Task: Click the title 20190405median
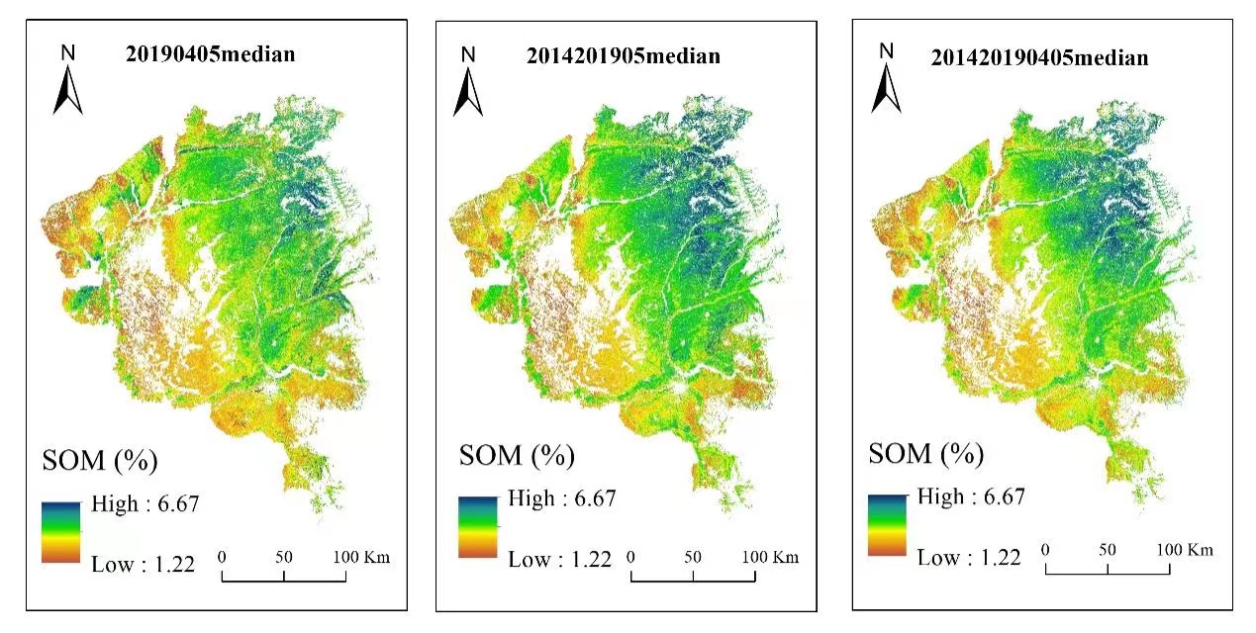210,53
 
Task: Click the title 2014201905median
623,55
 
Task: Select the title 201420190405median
1039,57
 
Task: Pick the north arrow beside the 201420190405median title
886,78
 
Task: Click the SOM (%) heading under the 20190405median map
100,460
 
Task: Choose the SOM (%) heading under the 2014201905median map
516,456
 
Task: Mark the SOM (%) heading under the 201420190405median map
925,454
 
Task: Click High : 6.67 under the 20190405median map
145,504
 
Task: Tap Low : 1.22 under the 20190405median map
143,565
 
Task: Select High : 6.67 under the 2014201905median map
561,498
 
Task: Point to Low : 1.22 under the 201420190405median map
969,558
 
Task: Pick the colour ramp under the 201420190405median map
887,525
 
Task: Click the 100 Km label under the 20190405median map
362,557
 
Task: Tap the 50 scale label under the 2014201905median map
693,557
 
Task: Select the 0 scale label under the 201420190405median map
1045,549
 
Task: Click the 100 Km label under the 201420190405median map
1186,549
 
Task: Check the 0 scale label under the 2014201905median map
630,557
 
